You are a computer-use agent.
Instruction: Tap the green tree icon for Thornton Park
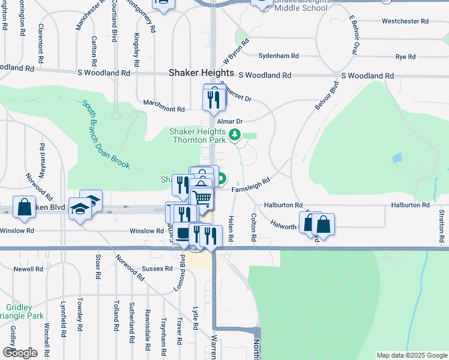236,136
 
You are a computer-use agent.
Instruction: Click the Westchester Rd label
405,21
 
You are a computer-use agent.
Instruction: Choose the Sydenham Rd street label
279,56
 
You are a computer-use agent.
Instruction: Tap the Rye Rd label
405,57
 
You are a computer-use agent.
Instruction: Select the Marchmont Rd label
164,109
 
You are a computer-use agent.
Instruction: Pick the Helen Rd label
231,230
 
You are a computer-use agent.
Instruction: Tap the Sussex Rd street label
157,269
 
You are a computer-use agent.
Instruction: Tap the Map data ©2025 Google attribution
411,355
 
